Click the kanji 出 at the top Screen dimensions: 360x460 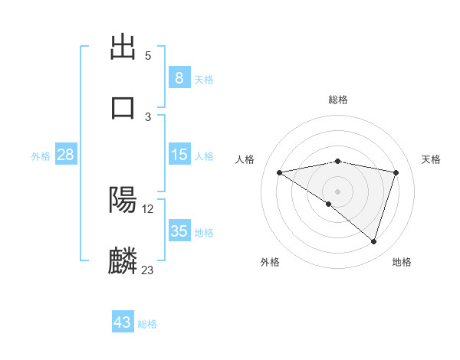[123, 48]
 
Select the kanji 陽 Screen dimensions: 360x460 [123, 200]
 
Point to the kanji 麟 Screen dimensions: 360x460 [123, 261]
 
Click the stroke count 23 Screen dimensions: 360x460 [147, 270]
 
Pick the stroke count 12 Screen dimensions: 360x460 [147, 208]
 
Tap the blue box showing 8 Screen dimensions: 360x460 [179, 78]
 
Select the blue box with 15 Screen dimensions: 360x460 [179, 155]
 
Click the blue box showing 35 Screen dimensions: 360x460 [179, 231]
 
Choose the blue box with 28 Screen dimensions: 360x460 [66, 155]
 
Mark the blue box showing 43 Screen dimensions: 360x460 [122, 322]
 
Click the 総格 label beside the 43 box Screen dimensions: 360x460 [147, 324]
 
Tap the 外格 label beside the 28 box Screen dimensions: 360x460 [41, 156]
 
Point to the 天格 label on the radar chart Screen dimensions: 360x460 [432, 159]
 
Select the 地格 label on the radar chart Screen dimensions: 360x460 [402, 262]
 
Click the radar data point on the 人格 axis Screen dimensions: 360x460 [280, 172]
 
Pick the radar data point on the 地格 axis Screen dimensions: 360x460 [373, 241]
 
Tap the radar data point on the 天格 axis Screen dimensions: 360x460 [396, 172]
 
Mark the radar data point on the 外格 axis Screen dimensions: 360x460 [329, 204]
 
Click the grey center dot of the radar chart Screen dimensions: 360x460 [337, 191]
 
